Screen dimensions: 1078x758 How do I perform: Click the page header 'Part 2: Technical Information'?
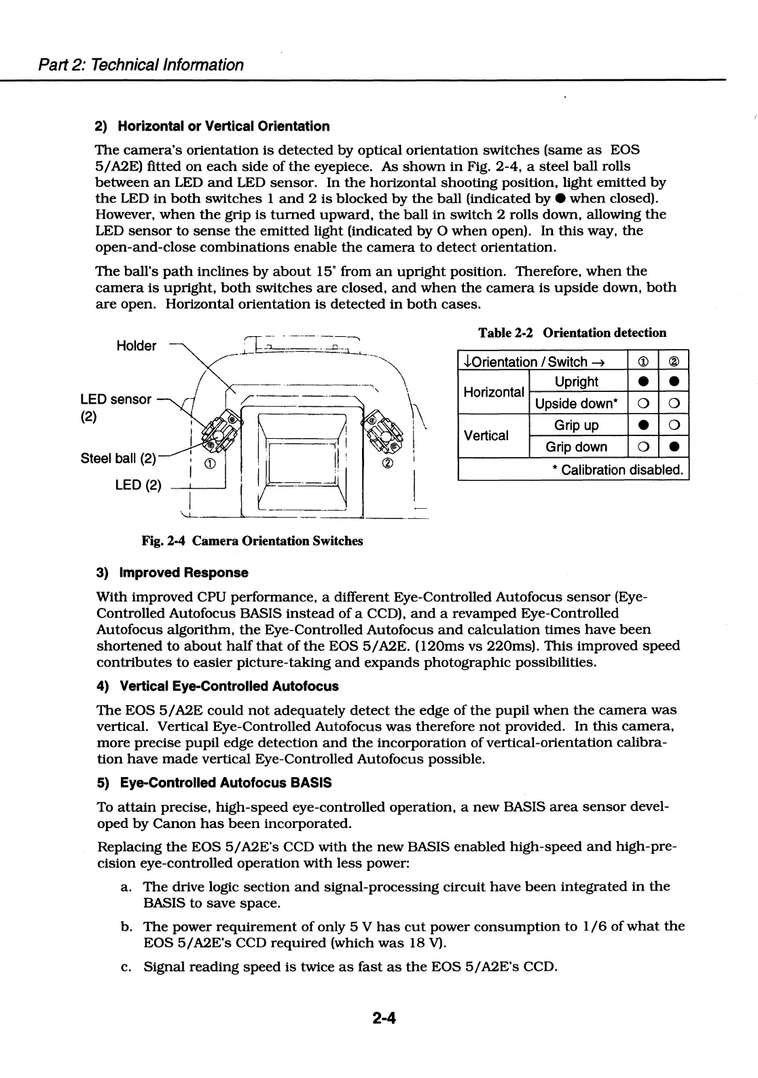[x=139, y=65]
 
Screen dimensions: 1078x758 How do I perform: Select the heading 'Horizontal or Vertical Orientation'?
[x=223, y=126]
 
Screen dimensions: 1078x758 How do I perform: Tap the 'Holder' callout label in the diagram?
[x=137, y=346]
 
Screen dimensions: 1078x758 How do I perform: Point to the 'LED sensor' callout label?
[x=115, y=399]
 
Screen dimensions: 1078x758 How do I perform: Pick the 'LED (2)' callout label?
[x=139, y=484]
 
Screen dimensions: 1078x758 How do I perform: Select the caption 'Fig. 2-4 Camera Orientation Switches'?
[x=252, y=541]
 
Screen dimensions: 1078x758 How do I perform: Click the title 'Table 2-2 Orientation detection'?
[x=573, y=333]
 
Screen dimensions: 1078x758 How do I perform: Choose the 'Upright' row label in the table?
[x=577, y=382]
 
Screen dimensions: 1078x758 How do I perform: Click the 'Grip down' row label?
[x=577, y=447]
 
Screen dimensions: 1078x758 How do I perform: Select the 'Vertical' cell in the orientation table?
[x=486, y=435]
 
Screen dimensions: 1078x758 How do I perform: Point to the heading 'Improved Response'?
[x=183, y=573]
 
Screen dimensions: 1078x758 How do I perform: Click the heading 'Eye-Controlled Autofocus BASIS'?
[x=225, y=783]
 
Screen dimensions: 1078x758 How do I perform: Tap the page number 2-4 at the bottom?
[x=384, y=1018]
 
